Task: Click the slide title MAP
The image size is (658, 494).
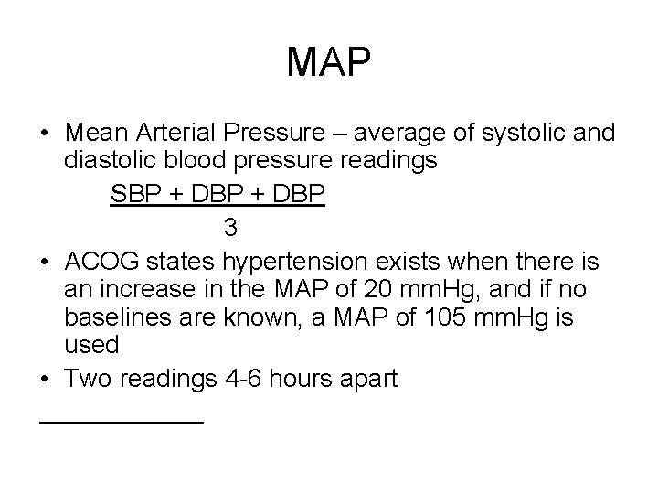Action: [x=328, y=62]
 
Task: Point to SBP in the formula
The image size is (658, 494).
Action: [x=134, y=195]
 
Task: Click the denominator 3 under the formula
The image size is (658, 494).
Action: [x=230, y=226]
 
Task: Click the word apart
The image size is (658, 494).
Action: [x=366, y=379]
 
